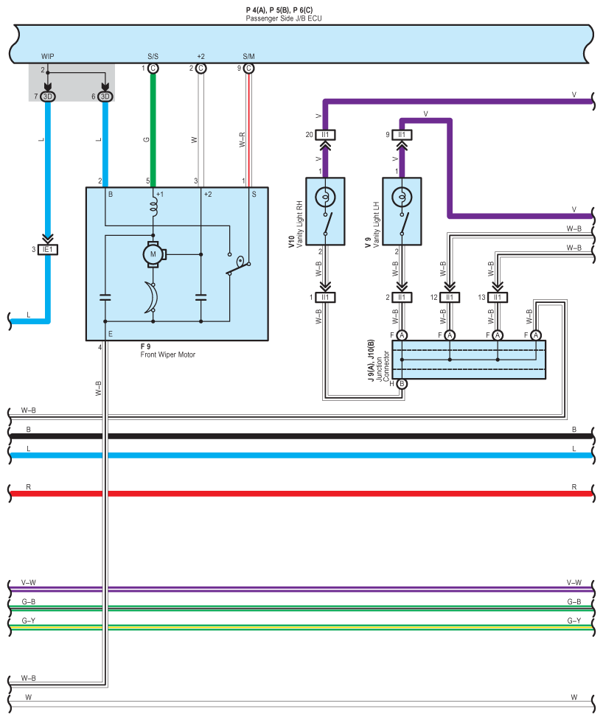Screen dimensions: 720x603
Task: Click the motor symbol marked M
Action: [x=154, y=254]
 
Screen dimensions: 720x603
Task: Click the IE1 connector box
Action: [x=48, y=249]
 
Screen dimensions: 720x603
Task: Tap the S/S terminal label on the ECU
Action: [x=153, y=56]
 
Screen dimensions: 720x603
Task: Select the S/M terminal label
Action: [x=248, y=56]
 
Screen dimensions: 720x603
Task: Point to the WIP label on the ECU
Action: [x=47, y=56]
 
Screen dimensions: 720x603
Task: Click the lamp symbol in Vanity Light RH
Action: [x=324, y=197]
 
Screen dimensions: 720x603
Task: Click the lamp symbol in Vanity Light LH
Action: [x=402, y=197]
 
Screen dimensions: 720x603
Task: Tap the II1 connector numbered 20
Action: [x=325, y=135]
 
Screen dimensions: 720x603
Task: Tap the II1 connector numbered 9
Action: [x=402, y=135]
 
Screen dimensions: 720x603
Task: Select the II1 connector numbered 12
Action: [x=450, y=298]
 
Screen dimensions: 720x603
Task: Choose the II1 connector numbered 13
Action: [x=498, y=298]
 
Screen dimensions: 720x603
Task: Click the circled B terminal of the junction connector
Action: [x=402, y=383]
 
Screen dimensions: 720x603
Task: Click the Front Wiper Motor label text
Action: [x=167, y=354]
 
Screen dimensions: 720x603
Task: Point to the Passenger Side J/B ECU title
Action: [x=284, y=17]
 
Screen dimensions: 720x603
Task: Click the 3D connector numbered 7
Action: [x=48, y=97]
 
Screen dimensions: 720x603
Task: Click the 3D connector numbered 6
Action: [x=105, y=97]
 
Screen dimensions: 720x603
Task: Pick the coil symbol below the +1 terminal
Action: [x=154, y=209]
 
